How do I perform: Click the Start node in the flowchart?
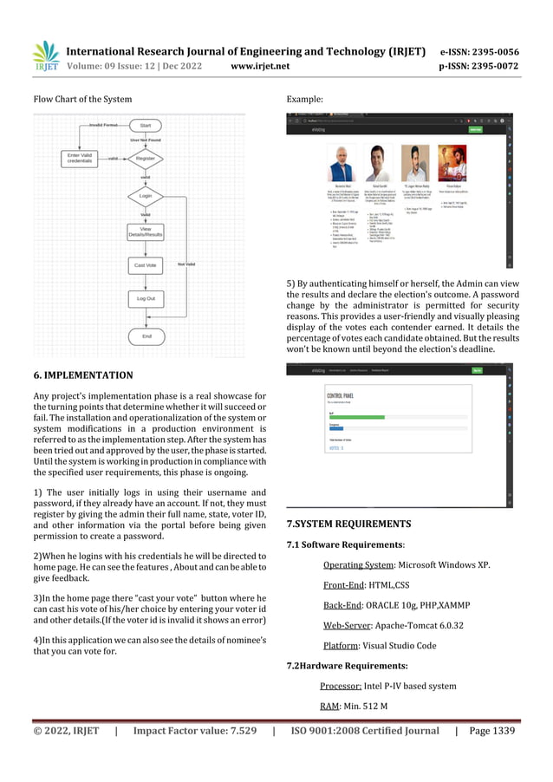[x=146, y=125]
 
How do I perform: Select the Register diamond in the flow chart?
[x=146, y=159]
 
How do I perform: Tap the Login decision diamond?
[x=146, y=197]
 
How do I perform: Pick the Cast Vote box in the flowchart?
[x=146, y=264]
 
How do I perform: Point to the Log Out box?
[x=146, y=298]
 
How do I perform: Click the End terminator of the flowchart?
[x=146, y=336]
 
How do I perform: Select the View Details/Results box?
[x=146, y=232]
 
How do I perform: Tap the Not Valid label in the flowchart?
[x=186, y=264]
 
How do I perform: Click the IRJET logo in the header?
[x=45, y=55]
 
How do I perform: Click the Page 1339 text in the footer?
[x=491, y=731]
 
